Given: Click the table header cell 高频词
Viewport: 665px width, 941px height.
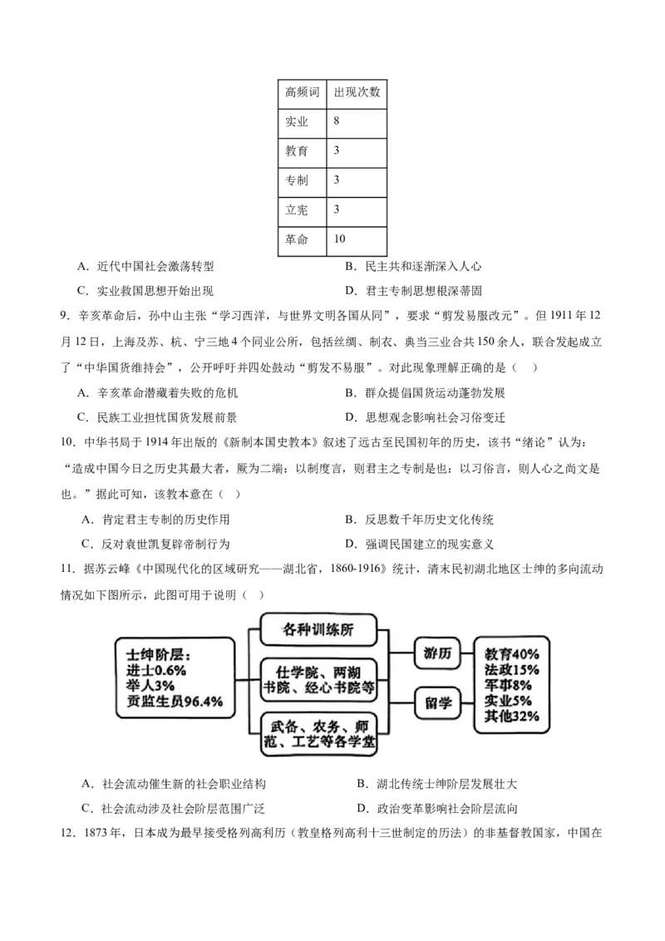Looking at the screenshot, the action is [302, 91].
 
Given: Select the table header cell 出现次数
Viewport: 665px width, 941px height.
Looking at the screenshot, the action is [357, 91].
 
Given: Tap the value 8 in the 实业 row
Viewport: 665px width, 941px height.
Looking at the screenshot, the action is [336, 121].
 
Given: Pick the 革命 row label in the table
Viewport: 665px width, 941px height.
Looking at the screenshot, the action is [297, 239].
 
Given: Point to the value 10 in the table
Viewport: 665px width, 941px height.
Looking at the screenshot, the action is [339, 239].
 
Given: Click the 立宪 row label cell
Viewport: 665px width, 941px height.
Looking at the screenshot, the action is [297, 209].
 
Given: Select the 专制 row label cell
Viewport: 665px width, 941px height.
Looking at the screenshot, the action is [297, 180].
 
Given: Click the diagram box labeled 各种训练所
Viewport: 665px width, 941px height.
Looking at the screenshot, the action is [319, 628].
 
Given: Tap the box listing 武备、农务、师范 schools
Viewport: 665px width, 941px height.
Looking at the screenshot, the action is [319, 732].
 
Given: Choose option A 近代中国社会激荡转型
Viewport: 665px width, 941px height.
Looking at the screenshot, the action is [145, 267].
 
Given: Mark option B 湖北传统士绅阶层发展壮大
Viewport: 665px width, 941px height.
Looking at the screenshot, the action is [424, 783].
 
